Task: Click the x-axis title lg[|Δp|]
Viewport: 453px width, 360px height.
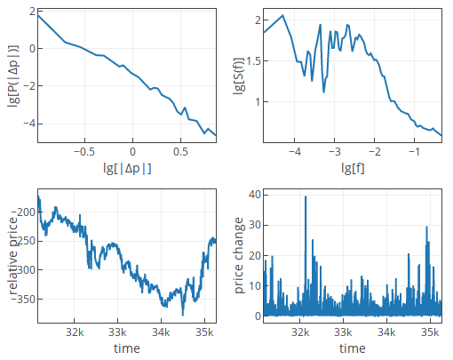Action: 128,167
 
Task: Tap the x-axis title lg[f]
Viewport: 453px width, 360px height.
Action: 353,167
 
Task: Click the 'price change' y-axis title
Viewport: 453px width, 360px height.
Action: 239,256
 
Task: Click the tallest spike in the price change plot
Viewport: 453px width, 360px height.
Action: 306,196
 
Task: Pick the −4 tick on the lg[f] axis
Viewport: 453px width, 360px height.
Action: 295,152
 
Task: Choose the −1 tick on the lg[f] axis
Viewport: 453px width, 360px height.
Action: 414,152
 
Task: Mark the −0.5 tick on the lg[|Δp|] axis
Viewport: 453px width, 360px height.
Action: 84,152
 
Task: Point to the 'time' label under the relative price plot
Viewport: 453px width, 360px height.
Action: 128,348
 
